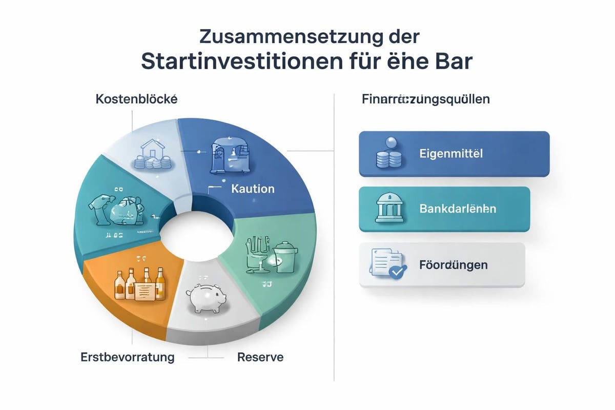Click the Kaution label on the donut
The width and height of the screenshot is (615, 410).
coord(253,189)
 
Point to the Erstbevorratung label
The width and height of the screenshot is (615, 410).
coord(128,357)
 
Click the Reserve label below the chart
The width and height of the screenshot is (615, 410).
coord(260,357)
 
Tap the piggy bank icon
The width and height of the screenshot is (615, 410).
coord(204,298)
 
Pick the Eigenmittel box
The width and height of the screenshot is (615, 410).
coord(454,154)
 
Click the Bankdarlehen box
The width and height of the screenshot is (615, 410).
coord(444,209)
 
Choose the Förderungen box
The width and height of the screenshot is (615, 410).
coord(442,265)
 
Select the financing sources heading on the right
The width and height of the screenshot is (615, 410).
coord(425,99)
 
